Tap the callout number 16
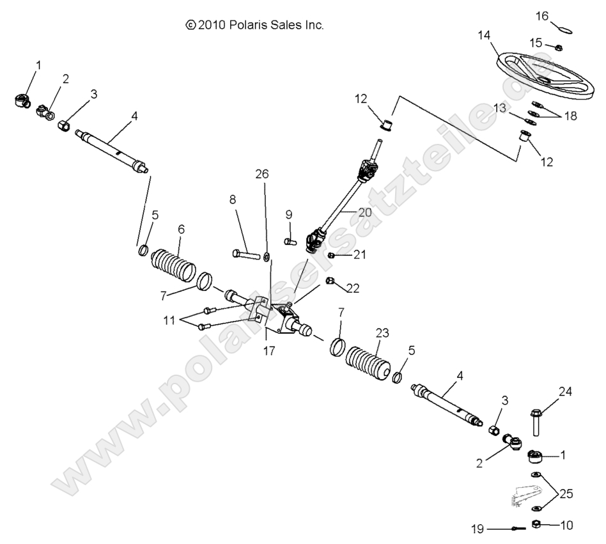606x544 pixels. (541, 16)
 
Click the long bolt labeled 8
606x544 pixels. (247, 255)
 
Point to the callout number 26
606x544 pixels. (262, 174)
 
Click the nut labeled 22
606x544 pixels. (330, 281)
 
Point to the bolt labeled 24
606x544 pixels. (536, 421)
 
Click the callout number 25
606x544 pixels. (566, 493)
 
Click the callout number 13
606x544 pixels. (499, 109)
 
